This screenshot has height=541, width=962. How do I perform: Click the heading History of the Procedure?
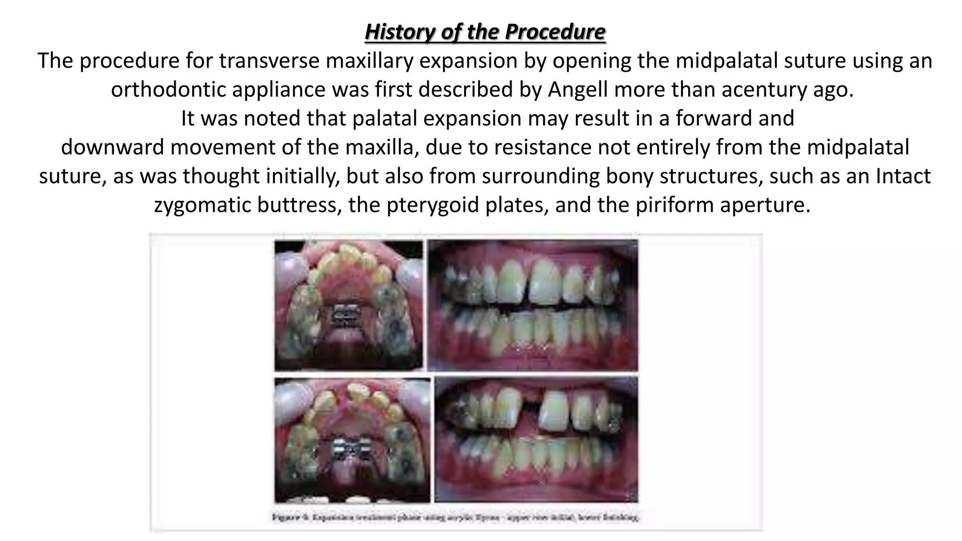point(485,32)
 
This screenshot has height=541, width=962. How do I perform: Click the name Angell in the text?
point(578,90)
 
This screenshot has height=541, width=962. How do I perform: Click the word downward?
point(112,147)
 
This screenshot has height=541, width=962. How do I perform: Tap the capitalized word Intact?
point(903,177)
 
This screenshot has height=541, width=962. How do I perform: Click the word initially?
point(301,177)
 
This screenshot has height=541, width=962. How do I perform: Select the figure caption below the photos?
point(455,518)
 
